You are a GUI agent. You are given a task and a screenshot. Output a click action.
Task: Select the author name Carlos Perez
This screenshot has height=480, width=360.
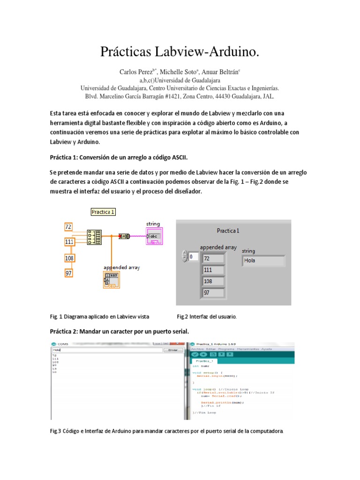coord(136,72)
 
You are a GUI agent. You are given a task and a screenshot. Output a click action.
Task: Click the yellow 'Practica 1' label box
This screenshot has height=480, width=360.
coord(103,212)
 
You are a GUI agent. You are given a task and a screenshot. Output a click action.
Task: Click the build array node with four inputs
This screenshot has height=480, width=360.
coord(94,237)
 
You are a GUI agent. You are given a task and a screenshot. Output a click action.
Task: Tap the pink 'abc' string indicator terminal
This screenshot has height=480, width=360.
coord(154,237)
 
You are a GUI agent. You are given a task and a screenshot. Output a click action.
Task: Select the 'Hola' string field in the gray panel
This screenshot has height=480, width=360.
coord(263,260)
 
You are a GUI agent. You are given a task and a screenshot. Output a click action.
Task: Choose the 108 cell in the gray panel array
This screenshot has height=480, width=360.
coord(213,281)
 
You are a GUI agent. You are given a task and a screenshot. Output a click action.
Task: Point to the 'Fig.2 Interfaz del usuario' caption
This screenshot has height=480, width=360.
coord(206,316)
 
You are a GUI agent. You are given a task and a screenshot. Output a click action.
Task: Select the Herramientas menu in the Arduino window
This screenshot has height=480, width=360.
coord(248,349)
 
